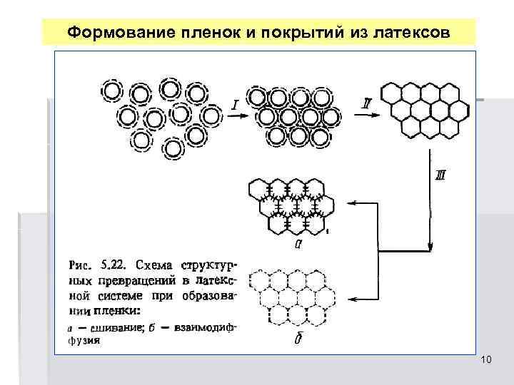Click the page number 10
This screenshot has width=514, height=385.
click(486, 360)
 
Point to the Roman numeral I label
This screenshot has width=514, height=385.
click(235, 106)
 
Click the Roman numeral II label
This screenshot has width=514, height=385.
click(366, 105)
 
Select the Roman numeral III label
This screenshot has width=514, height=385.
click(440, 175)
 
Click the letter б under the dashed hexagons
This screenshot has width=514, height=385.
click(296, 339)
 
